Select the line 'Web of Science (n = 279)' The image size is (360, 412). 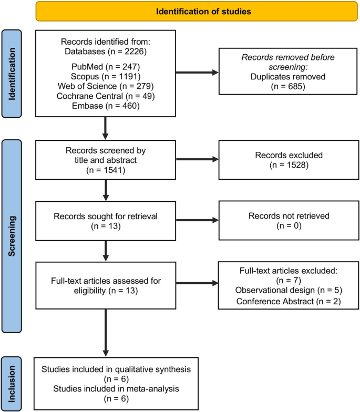pos(106,86)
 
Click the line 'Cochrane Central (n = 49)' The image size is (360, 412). pos(106,95)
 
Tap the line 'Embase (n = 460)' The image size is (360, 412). pos(106,105)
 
